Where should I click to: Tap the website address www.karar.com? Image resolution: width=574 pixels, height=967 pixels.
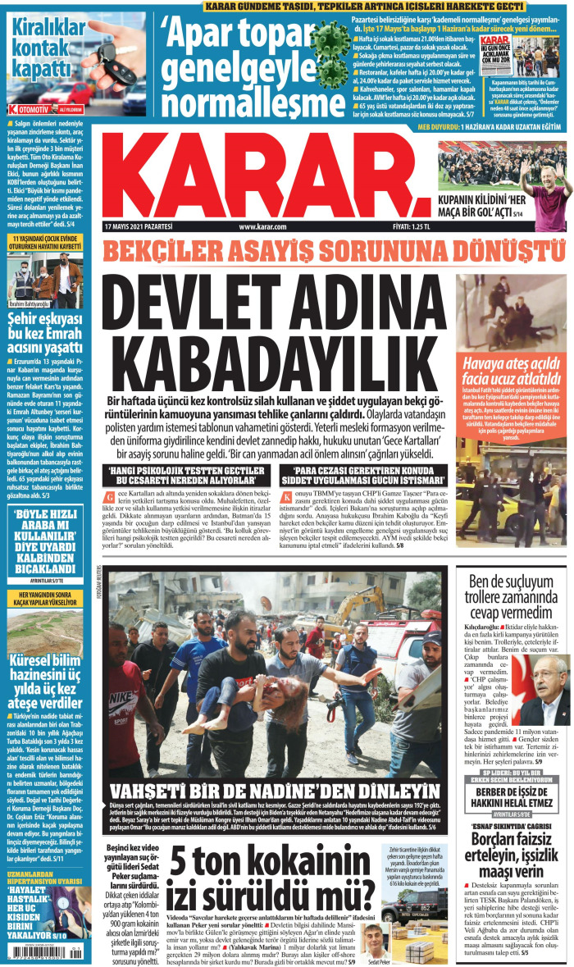tap(262, 226)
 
